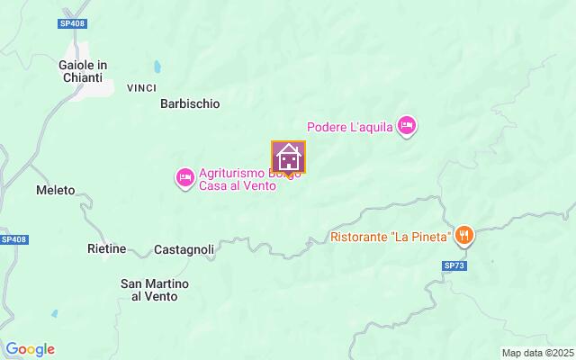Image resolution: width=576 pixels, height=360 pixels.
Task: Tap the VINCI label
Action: pyautogui.click(x=142, y=87)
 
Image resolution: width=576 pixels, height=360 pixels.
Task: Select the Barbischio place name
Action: pyautogui.click(x=190, y=103)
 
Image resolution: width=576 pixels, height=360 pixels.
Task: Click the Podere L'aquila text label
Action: pyautogui.click(x=350, y=127)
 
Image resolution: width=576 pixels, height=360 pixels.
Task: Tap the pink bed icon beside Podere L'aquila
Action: pyautogui.click(x=407, y=126)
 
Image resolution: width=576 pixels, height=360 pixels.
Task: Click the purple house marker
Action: pyautogui.click(x=289, y=157)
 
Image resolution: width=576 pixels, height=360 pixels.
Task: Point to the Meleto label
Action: pyautogui.click(x=55, y=191)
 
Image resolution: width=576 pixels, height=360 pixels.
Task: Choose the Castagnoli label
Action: pyautogui.click(x=184, y=248)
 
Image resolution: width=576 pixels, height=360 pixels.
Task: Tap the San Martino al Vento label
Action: pyautogui.click(x=155, y=290)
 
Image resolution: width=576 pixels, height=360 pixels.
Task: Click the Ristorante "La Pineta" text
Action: pyautogui.click(x=390, y=238)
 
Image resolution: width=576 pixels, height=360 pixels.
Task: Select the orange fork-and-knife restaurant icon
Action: pyautogui.click(x=464, y=237)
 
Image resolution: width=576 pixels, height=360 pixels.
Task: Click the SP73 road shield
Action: pyautogui.click(x=455, y=266)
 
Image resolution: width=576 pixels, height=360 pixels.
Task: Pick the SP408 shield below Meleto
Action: pyautogui.click(x=13, y=239)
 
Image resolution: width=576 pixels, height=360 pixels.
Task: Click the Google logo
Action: pyautogui.click(x=30, y=349)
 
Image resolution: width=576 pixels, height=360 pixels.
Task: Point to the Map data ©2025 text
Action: pyautogui.click(x=537, y=353)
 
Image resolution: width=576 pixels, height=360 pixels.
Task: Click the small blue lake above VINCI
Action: pyautogui.click(x=159, y=67)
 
